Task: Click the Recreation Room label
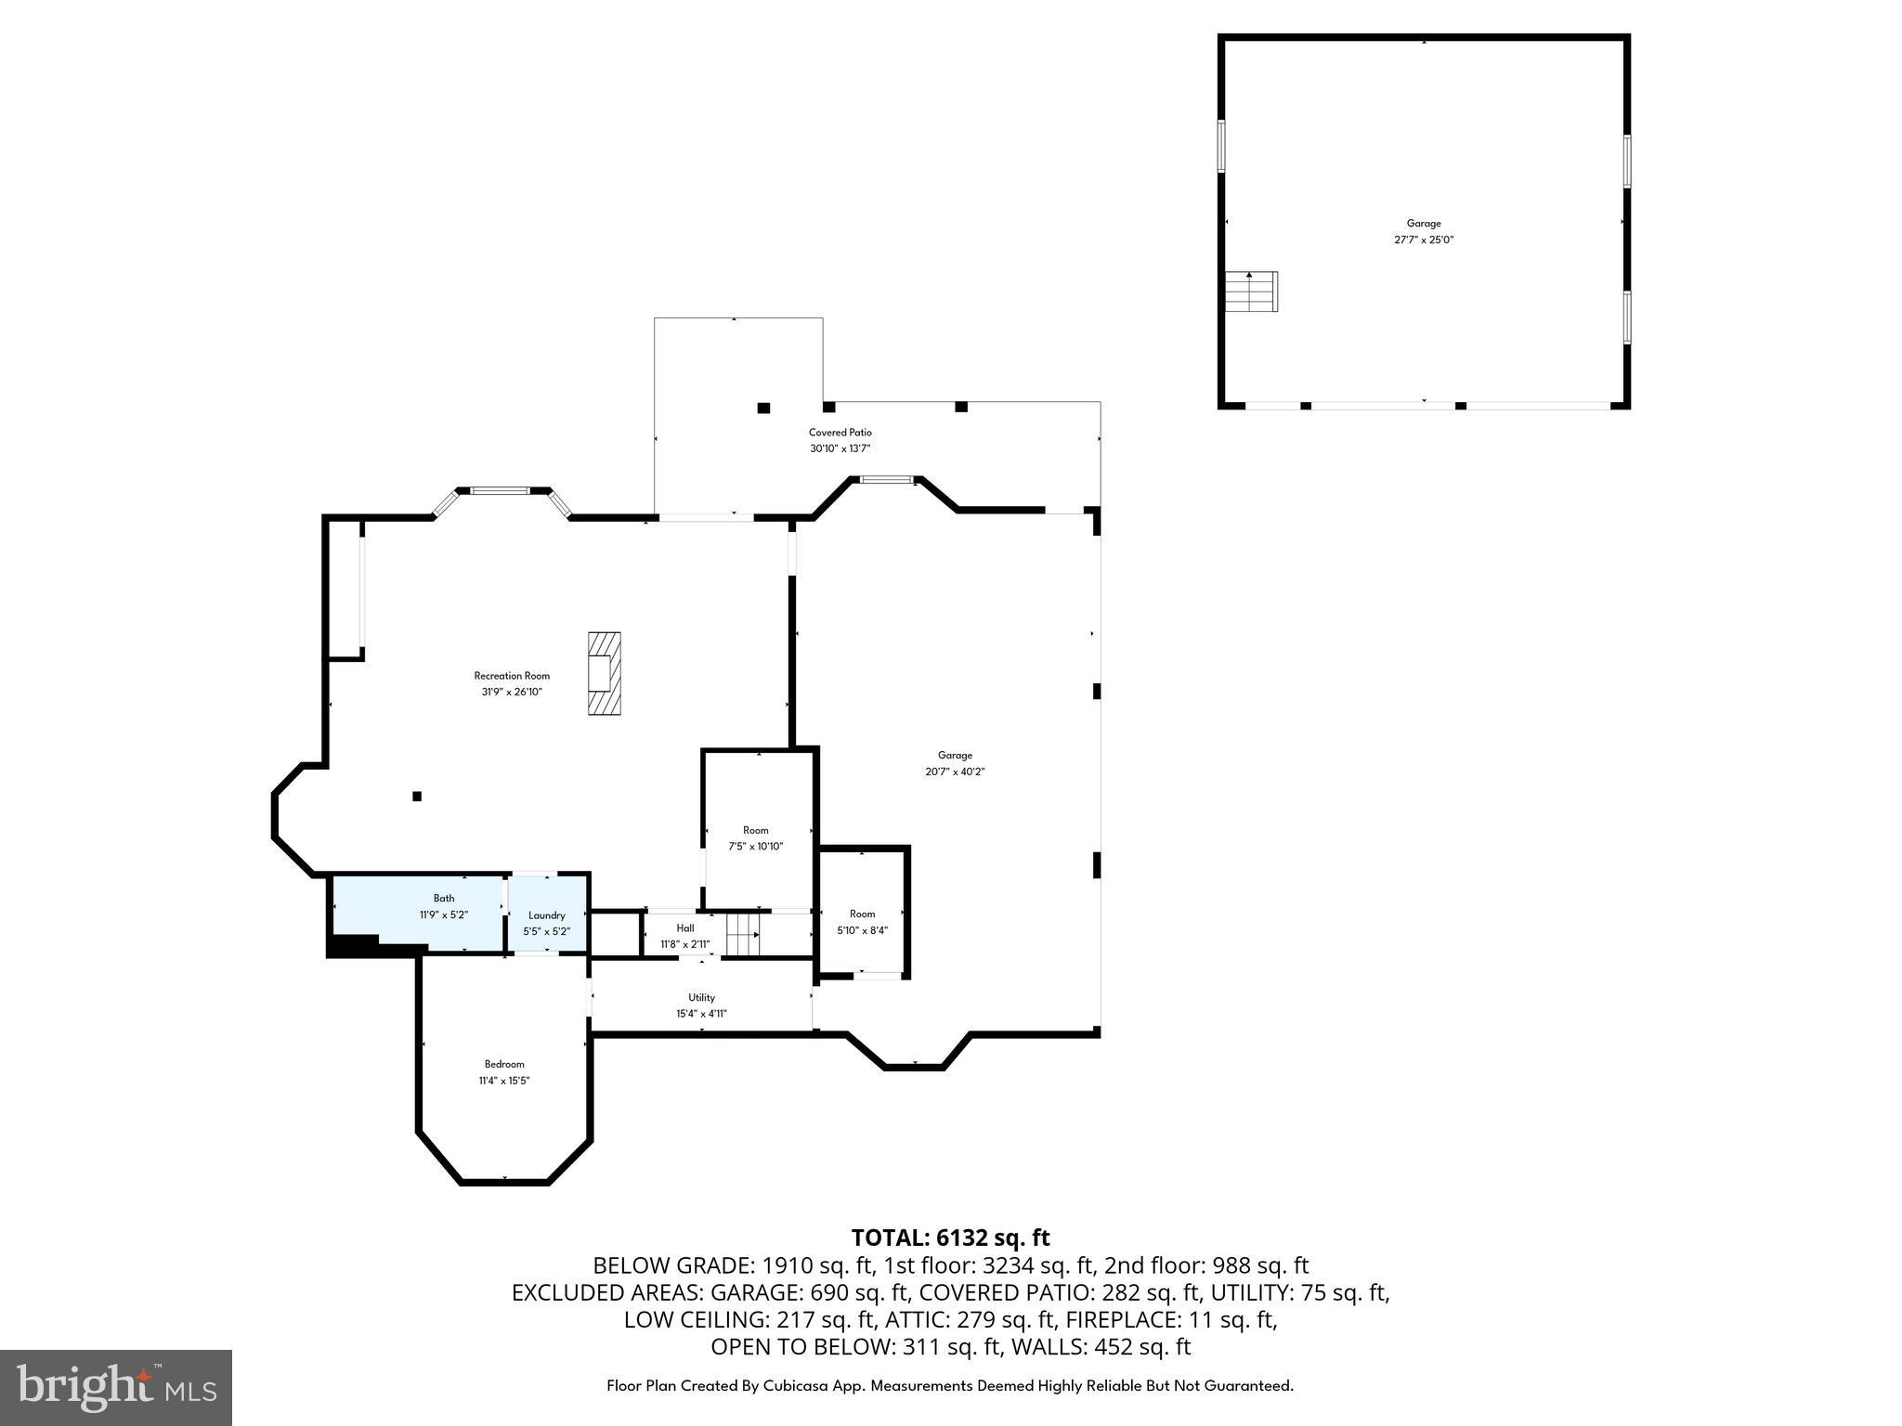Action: click(512, 676)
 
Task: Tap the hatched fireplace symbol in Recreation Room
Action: click(604, 673)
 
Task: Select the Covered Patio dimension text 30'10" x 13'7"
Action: click(840, 448)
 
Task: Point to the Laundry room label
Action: click(547, 915)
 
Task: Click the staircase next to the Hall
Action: click(743, 934)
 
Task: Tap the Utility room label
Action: click(701, 998)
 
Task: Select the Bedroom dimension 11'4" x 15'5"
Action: click(504, 1081)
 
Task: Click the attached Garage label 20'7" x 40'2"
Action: click(955, 763)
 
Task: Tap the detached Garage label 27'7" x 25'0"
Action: click(1424, 231)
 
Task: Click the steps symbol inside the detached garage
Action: click(1251, 292)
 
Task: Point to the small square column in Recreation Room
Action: click(417, 796)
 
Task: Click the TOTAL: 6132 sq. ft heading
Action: click(950, 1238)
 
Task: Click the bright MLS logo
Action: click(116, 1387)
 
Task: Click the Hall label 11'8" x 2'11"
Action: click(685, 937)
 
